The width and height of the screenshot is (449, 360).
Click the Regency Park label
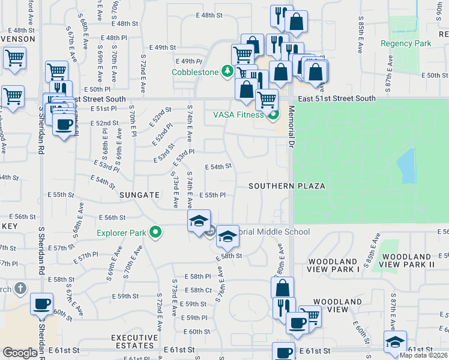coord(406,44)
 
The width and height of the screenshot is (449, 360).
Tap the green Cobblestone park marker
coord(228,72)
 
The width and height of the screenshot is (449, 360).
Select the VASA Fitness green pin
coord(273,115)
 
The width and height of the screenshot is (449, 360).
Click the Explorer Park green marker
coord(156,232)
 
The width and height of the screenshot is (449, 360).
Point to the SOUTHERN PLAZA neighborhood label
coord(288,186)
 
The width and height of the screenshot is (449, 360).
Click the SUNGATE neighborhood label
coord(139,195)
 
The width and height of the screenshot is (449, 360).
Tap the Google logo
coord(20,353)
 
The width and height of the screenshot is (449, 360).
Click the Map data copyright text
coord(423,355)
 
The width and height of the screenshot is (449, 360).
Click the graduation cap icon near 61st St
coord(394,342)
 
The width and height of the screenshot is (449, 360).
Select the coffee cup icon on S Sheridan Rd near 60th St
coord(41,304)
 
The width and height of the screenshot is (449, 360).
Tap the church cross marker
coord(20,289)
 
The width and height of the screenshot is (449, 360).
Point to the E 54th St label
coord(218,167)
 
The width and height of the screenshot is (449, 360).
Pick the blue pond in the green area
coord(407,165)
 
